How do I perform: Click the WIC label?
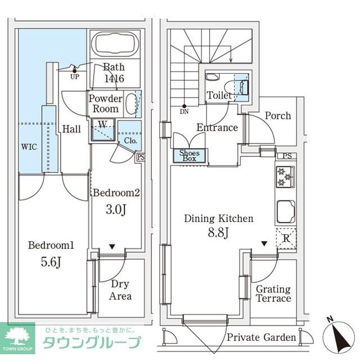point(30,147)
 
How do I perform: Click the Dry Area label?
point(121,290)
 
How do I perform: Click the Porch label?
point(277,115)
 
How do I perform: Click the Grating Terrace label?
point(273,293)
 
